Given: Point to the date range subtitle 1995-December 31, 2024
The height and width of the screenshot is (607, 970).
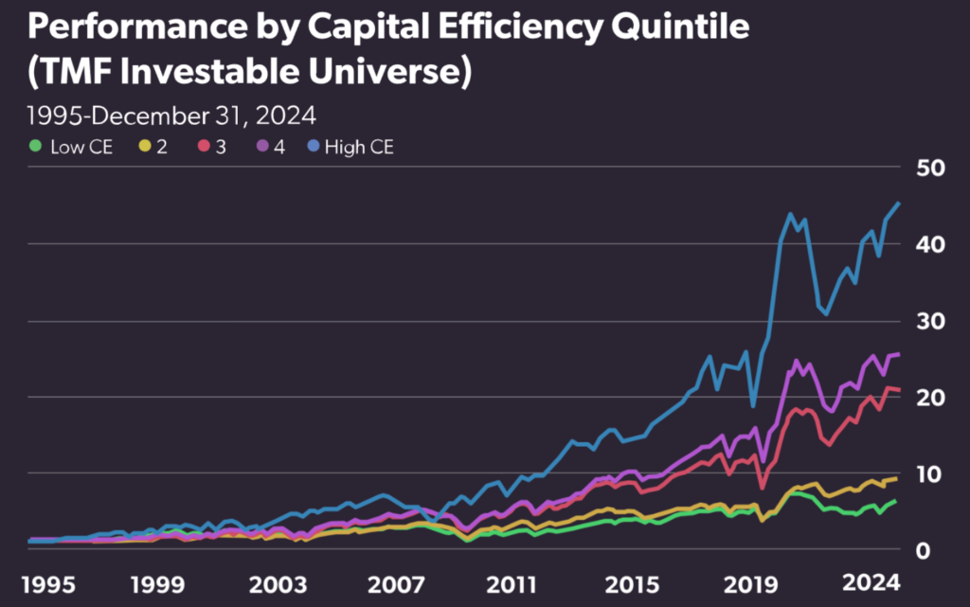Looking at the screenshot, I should [x=171, y=116].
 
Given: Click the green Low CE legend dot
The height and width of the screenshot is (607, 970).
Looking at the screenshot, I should [x=36, y=147].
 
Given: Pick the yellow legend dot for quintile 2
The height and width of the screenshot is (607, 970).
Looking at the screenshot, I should [x=146, y=147].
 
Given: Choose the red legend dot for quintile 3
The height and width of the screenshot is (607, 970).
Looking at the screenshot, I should [x=204, y=147].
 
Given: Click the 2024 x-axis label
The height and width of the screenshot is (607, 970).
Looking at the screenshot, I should [x=871, y=580].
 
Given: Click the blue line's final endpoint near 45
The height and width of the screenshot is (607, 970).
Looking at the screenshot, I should [x=899, y=204].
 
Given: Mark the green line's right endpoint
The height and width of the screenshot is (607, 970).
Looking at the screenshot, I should [x=895, y=500].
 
